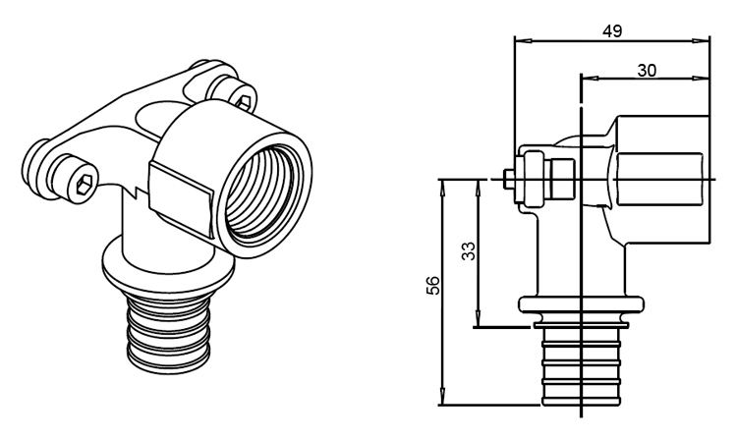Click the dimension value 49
612,31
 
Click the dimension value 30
647,71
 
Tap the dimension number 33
468,251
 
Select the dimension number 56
433,285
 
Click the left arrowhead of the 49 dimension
522,41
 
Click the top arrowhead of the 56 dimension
442,188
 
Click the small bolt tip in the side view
508,179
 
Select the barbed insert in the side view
581,366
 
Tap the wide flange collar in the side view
581,304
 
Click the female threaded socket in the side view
661,180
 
